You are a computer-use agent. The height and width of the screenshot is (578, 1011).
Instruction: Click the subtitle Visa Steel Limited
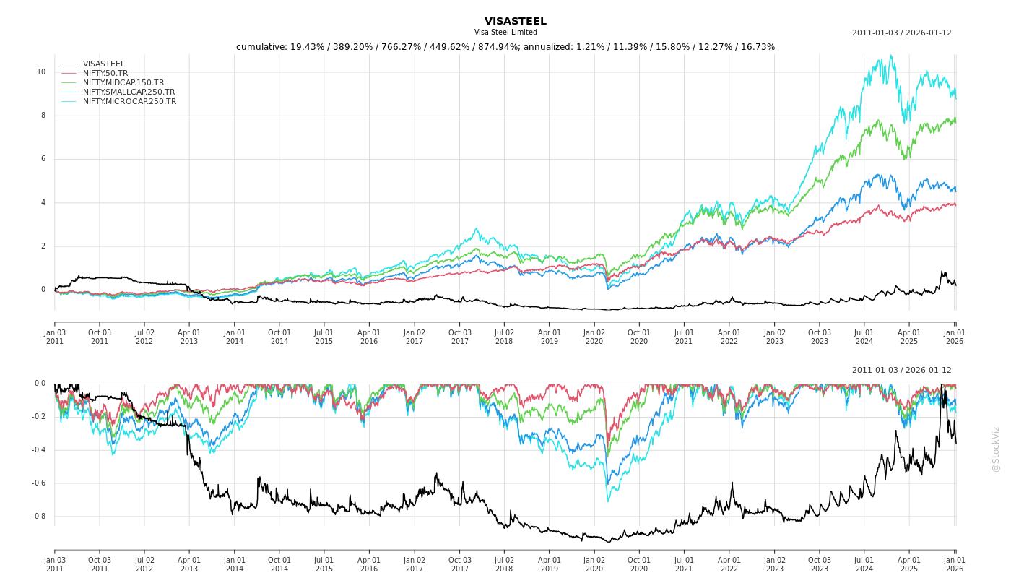click(x=506, y=33)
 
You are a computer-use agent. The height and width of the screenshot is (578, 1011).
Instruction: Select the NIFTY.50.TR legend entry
click(x=105, y=73)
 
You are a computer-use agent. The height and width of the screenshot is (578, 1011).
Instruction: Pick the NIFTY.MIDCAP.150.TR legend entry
click(x=123, y=82)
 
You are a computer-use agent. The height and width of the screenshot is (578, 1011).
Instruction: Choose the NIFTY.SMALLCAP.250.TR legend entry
click(x=129, y=92)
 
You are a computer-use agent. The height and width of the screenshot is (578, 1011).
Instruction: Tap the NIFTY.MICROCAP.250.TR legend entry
click(x=129, y=101)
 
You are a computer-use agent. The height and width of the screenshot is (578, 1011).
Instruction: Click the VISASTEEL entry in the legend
click(x=103, y=64)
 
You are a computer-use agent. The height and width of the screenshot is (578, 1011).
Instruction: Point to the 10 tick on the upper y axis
click(x=41, y=72)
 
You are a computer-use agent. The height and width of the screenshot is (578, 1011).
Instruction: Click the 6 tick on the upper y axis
click(x=43, y=159)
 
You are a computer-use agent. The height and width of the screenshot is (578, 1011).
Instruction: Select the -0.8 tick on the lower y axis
click(x=38, y=516)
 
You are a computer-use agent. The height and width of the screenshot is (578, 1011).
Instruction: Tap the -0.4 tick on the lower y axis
click(x=38, y=449)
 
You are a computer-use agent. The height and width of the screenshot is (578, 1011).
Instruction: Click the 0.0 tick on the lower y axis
click(x=40, y=384)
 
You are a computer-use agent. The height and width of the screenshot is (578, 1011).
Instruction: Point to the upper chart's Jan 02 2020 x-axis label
click(x=594, y=337)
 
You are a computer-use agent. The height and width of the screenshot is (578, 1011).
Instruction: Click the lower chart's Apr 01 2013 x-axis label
click(x=189, y=564)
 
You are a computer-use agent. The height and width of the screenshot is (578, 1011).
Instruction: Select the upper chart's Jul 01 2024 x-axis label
click(x=864, y=337)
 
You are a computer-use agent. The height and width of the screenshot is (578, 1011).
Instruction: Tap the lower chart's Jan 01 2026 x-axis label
click(x=955, y=564)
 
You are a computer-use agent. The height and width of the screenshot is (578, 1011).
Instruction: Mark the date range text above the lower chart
click(x=901, y=370)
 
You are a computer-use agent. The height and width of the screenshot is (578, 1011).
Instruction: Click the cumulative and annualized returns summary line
click(x=506, y=47)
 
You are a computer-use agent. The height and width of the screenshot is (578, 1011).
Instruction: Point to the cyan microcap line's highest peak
click(x=891, y=56)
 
